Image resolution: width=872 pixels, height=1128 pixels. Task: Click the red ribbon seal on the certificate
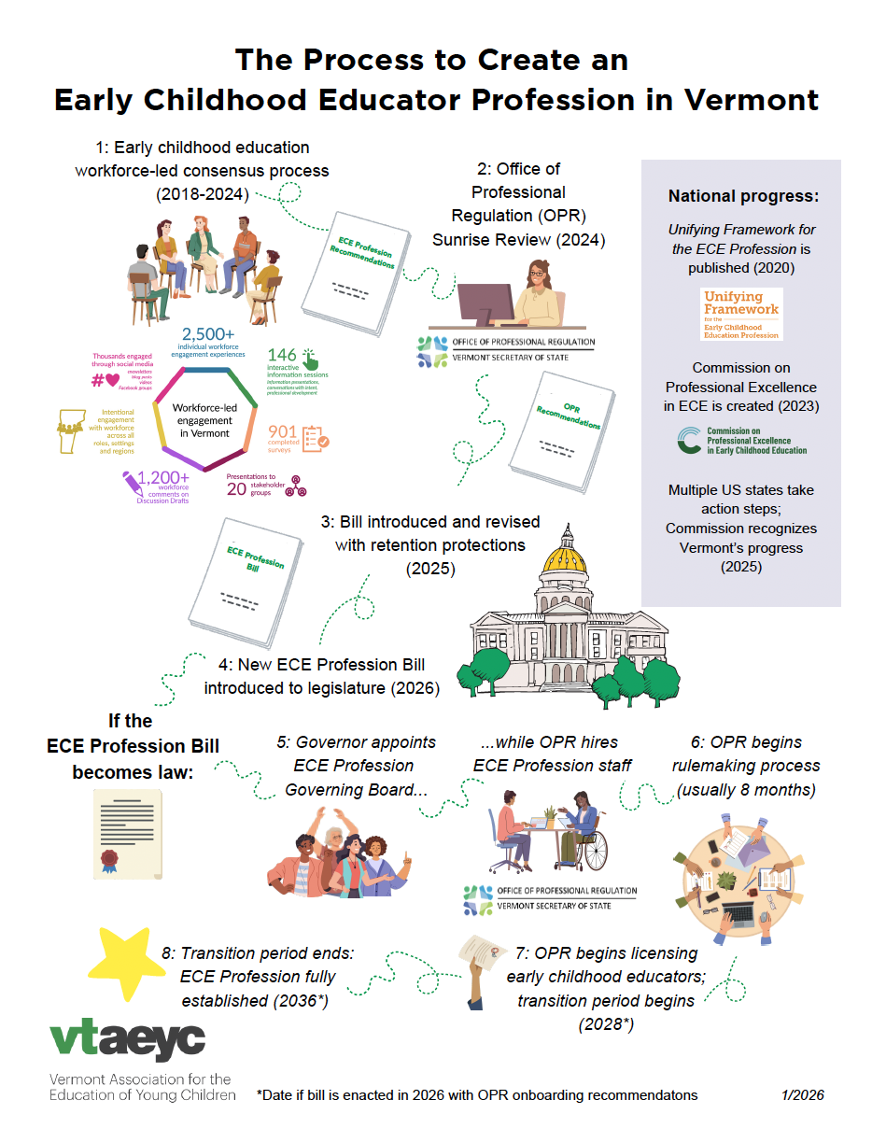click(x=109, y=857)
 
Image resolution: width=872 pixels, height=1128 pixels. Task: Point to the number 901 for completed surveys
click(x=283, y=431)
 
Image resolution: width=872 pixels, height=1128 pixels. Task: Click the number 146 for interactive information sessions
click(x=282, y=354)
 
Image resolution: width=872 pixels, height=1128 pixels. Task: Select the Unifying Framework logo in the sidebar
click(x=741, y=315)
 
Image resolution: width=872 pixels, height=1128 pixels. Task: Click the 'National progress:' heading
click(x=743, y=197)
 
